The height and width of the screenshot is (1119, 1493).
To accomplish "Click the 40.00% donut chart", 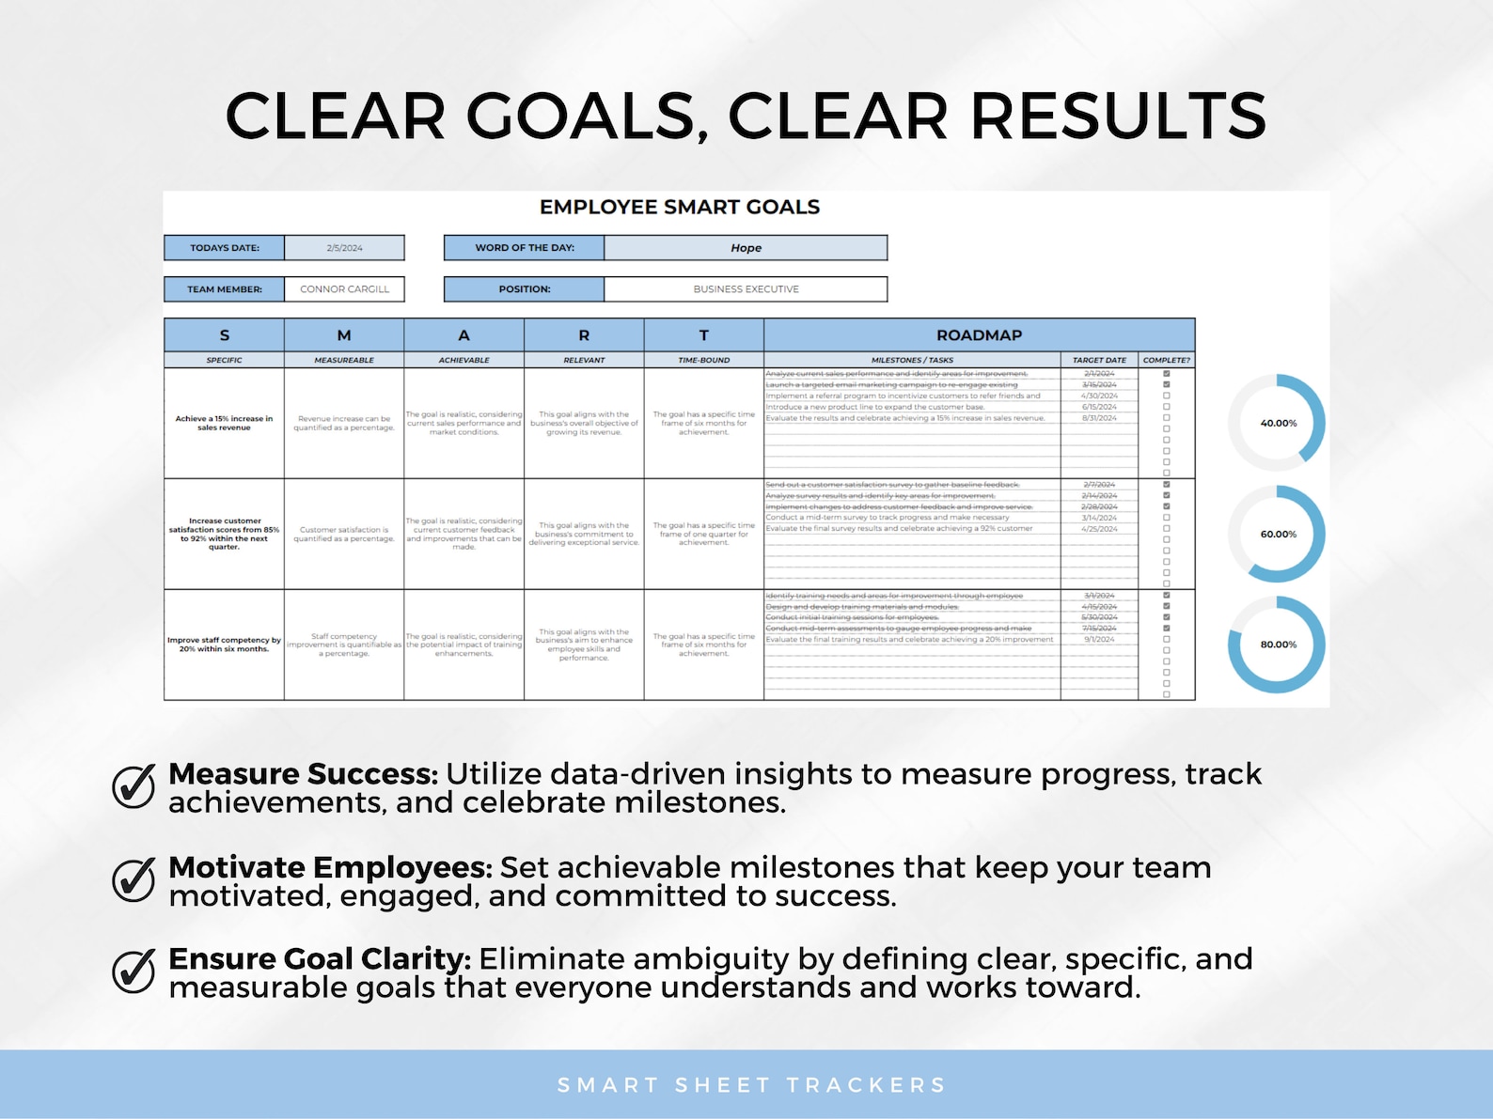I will (1277, 423).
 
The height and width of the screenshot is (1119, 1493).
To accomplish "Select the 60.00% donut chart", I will (1277, 534).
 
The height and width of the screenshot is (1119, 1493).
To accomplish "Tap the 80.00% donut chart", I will (1277, 645).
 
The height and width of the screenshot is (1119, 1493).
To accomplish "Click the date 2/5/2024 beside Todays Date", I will (344, 248).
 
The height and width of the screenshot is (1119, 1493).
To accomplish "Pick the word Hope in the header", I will (746, 248).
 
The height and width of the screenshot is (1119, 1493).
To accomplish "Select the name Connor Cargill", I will (344, 289).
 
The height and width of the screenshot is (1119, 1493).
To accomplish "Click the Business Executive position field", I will (746, 289).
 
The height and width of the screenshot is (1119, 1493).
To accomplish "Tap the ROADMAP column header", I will (979, 334).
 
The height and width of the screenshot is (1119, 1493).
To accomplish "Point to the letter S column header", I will (224, 334).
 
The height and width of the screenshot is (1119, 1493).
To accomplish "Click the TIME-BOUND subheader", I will (703, 360).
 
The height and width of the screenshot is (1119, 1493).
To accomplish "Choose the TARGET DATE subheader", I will (1099, 360).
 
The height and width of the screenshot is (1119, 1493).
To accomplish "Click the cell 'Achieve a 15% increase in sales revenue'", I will (224, 423).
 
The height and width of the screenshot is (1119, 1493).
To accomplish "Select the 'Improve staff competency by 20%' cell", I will (224, 645).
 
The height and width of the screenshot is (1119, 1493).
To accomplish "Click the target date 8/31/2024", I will (1099, 418).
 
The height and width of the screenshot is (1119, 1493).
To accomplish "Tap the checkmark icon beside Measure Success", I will (134, 785).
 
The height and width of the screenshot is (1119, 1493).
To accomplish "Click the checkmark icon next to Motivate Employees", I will (134, 879).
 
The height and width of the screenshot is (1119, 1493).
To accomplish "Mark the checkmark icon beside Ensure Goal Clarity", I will (134, 971).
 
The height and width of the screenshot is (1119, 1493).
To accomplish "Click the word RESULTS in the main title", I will (1117, 117).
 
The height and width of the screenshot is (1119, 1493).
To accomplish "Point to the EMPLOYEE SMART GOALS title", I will (679, 207).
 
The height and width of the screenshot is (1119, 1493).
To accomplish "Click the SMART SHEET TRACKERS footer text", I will (751, 1085).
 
